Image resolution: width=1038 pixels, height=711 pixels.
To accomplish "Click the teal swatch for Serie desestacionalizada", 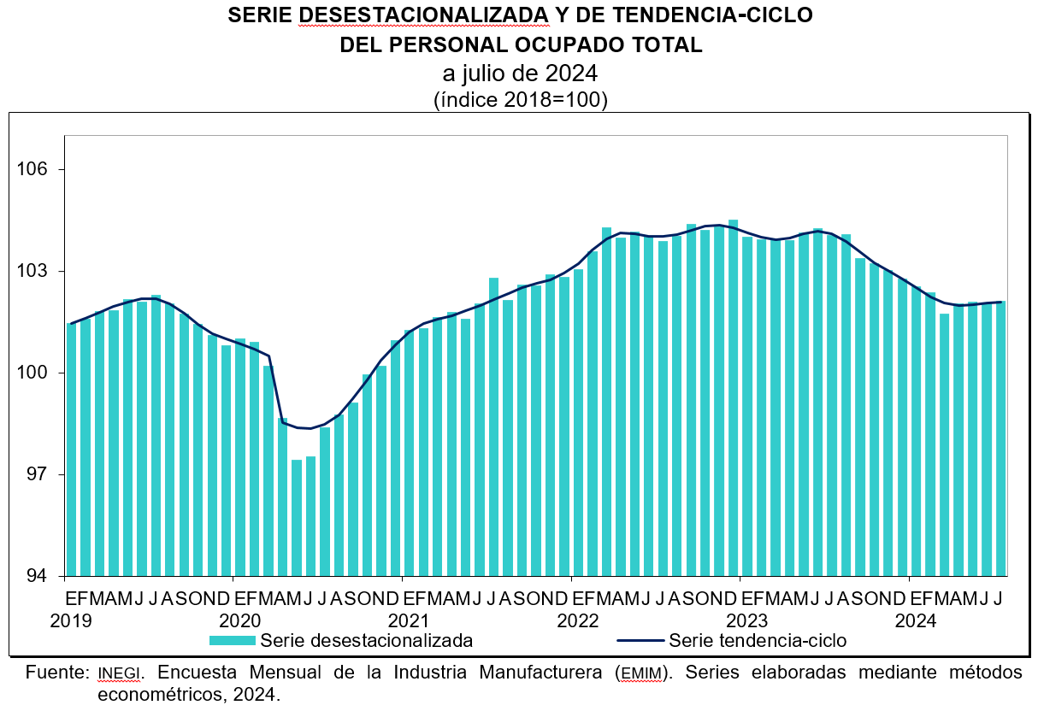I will click(x=232, y=640).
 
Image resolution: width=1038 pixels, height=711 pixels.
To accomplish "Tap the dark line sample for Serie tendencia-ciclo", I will click(x=639, y=640).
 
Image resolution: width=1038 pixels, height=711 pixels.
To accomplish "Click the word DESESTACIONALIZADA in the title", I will click(x=425, y=15).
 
